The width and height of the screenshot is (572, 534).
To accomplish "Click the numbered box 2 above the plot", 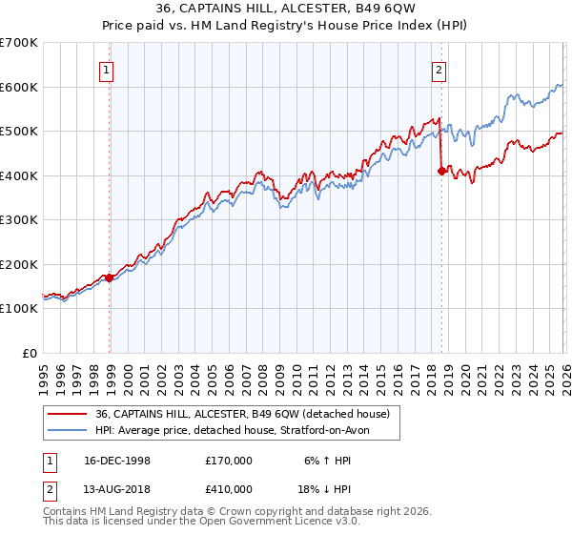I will coord(439,69).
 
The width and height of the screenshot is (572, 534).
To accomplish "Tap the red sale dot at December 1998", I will coord(110,278).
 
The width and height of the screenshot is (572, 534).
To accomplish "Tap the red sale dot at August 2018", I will coord(441,172).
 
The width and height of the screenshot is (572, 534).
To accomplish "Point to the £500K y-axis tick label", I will coord(19,132).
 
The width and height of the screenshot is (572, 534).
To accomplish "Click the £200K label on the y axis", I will coord(19,265).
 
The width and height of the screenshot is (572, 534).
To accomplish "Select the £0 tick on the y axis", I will coord(31,354).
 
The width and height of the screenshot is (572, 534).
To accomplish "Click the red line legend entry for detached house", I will coord(242,414).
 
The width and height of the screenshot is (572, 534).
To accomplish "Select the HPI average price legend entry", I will coord(238,431).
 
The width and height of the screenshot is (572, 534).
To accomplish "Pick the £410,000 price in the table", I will coord(229,489).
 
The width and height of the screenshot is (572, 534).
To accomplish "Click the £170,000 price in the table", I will coord(229,460).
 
